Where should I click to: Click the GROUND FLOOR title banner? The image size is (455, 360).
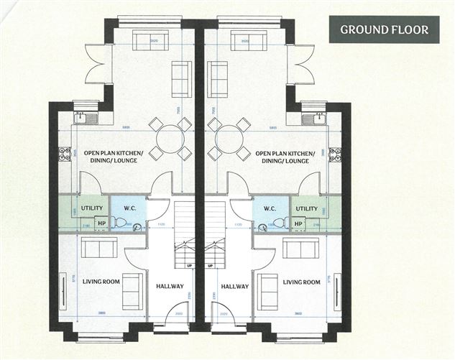[385, 29]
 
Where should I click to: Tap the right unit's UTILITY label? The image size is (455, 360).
[307, 208]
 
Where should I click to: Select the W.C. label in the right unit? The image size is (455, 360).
[270, 209]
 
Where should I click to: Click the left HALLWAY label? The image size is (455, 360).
[170, 286]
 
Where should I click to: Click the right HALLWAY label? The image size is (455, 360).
[235, 286]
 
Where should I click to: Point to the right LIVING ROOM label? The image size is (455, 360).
[301, 282]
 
